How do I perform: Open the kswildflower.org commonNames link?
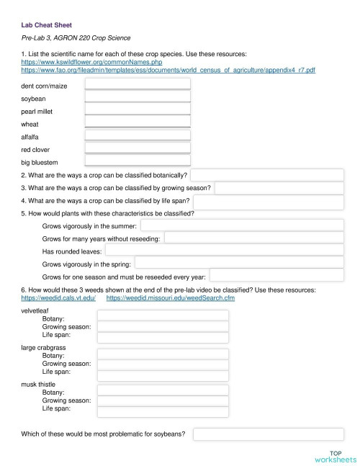pos(77,63)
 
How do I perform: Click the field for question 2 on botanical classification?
pos(267,175)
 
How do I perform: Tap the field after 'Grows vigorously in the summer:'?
pos(242,225)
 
